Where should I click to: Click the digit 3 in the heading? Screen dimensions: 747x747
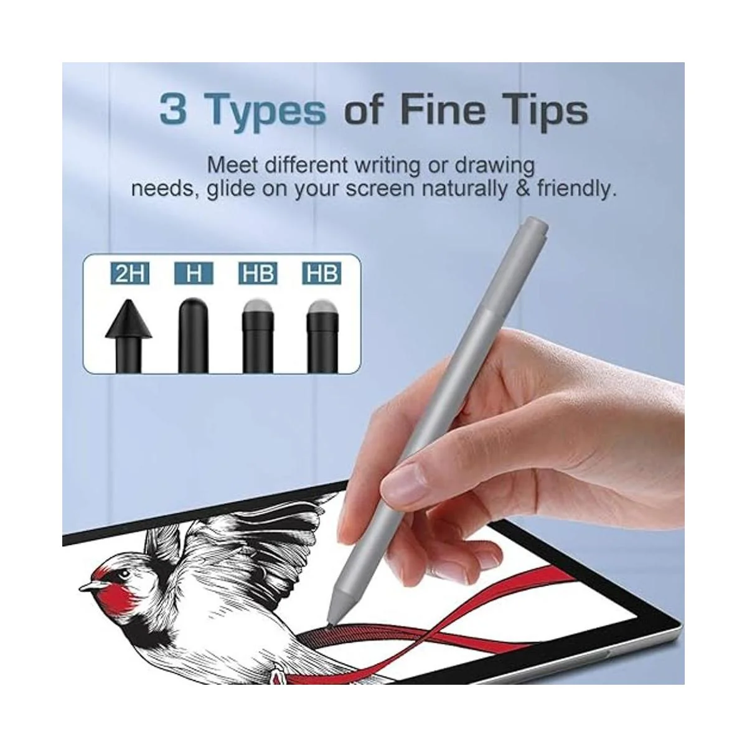coord(173,108)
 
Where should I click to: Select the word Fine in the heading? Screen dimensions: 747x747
coord(440,108)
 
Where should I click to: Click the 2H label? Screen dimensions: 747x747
coord(129,274)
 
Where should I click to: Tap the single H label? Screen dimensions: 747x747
coord(194,274)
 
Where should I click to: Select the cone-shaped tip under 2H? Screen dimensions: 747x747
coord(129,336)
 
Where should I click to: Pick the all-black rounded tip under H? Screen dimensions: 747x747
coord(194,336)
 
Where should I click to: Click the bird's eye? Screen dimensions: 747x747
coord(125,574)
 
